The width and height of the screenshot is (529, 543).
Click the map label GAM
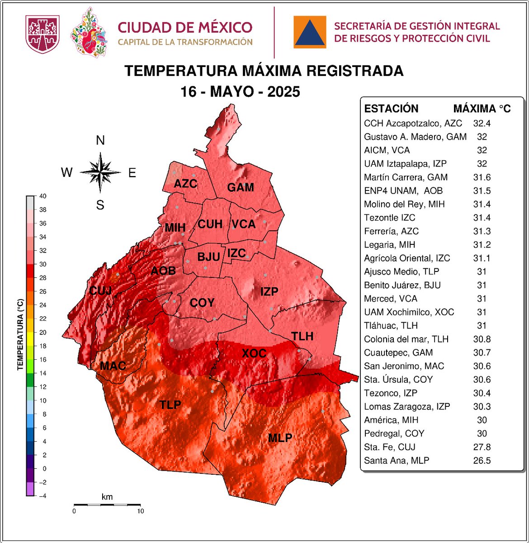point(240,187)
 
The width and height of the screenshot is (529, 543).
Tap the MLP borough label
point(280,438)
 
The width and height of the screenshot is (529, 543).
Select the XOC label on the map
point(254,353)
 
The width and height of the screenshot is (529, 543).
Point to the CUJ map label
point(100,291)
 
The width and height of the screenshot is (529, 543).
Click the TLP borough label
point(170,405)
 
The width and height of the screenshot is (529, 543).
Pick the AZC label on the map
point(185,184)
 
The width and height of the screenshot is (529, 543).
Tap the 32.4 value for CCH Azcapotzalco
point(482,123)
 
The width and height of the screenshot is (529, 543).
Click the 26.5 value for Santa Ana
point(482,461)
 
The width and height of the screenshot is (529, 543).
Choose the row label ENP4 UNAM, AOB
point(403,191)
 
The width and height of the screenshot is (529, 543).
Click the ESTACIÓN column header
point(391,109)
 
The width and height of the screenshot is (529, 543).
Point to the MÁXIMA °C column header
point(482,109)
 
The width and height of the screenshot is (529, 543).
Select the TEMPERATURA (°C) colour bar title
point(20,334)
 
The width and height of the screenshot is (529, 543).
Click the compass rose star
point(100,172)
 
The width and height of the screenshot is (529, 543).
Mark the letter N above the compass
point(100,141)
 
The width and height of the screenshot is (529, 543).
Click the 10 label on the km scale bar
point(140,511)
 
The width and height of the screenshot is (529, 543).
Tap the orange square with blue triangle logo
point(310,32)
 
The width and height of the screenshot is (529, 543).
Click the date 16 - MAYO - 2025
point(240,92)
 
